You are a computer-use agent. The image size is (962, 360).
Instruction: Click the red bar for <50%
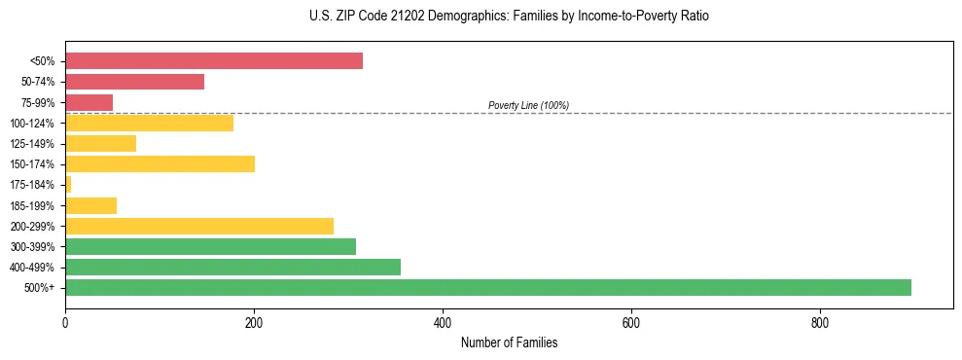(x=214, y=61)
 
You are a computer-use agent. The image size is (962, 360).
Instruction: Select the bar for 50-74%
(x=134, y=82)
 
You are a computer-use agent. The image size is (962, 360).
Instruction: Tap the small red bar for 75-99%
(x=89, y=102)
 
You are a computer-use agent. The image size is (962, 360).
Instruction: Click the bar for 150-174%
(x=160, y=163)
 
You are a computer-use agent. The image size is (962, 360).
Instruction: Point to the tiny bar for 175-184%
(x=68, y=184)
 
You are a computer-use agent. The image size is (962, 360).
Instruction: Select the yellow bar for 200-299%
(x=199, y=226)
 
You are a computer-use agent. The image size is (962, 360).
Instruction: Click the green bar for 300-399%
(x=210, y=246)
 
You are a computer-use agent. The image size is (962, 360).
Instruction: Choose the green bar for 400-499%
(x=232, y=267)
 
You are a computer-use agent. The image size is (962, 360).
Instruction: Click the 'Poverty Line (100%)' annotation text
(x=528, y=105)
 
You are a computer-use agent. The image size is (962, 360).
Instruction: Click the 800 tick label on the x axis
(x=820, y=322)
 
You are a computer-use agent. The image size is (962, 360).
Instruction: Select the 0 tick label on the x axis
(x=65, y=322)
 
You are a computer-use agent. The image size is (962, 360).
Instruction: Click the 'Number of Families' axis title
(x=509, y=342)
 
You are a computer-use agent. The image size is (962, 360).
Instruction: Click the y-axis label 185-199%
(x=32, y=205)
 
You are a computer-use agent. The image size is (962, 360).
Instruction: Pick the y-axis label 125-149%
(x=32, y=144)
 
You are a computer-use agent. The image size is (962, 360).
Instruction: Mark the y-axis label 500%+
(x=39, y=288)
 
